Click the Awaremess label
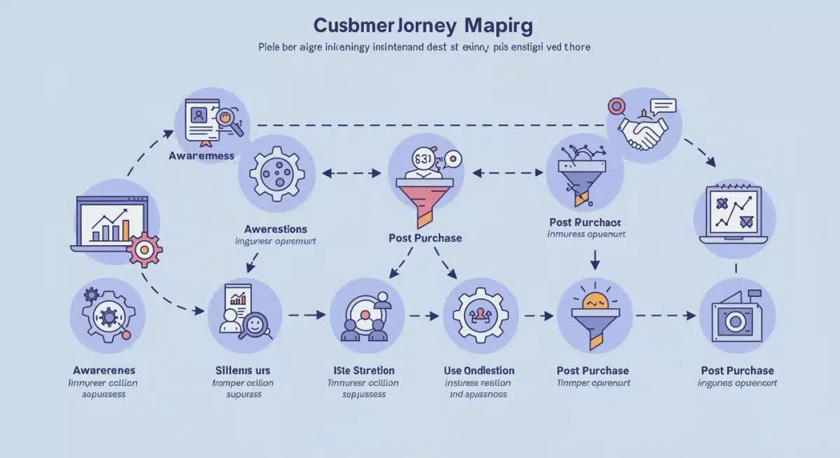pos(202,155)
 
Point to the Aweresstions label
pos(276,229)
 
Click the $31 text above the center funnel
pos(423,158)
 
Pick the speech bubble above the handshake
pos(663,106)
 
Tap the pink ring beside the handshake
pos(617,106)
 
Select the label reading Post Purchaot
pos(585,222)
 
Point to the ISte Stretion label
pos(363,370)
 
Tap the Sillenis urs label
pos(243,370)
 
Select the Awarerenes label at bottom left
pos(104,370)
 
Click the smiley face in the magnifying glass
pos(254,325)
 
